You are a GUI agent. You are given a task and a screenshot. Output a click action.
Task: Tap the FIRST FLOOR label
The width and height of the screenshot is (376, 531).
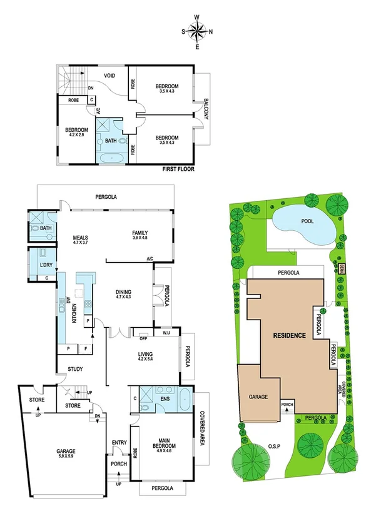point(179,169)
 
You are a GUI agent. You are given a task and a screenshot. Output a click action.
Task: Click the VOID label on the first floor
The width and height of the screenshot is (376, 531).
point(110,76)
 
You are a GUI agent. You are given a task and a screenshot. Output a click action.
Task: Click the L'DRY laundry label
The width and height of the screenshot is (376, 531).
point(46,265)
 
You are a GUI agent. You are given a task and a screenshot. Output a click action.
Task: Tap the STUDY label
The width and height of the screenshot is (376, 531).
point(75,370)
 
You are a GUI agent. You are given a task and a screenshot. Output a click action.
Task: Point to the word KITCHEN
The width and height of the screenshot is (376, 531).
point(74,311)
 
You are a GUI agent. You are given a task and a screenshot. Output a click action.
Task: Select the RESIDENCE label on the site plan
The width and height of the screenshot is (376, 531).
point(289,336)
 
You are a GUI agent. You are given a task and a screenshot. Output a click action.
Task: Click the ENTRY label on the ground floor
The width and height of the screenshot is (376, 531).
point(119,443)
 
